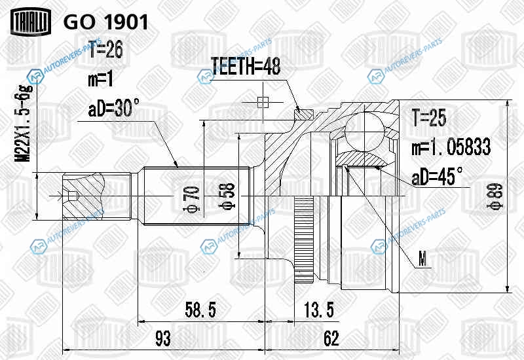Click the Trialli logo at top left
tap(31, 22)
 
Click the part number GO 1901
tap(105, 23)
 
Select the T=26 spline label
tap(105, 50)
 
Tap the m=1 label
tap(101, 80)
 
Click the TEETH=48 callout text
tap(246, 66)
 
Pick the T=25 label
tap(429, 118)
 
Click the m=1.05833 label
tap(451, 147)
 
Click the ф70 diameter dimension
tap(192, 199)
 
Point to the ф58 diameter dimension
tap(227, 196)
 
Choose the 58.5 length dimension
tap(200, 310)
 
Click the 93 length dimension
tap(163, 338)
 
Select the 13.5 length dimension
tap(319, 310)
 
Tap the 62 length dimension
tap(331, 338)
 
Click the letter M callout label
tap(422, 259)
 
